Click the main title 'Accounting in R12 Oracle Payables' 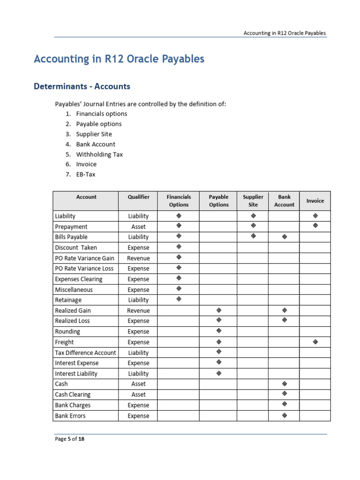(x=119, y=59)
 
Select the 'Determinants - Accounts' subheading (x=82, y=86)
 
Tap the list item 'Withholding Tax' (x=99, y=154)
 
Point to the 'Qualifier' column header (x=138, y=197)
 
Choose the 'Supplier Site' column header (x=253, y=201)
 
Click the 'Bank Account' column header (x=284, y=201)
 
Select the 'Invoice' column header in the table (x=315, y=201)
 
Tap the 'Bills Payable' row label (x=71, y=237)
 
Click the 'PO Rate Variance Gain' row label (x=84, y=258)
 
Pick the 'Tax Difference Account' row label (x=85, y=352)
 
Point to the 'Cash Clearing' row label (x=73, y=395)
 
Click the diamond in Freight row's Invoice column (x=315, y=342)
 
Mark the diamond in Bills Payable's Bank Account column (x=284, y=237)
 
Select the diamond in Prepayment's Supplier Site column (x=253, y=226)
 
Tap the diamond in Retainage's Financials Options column (x=179, y=299)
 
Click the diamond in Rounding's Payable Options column (x=218, y=331)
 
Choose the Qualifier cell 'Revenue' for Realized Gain (x=138, y=311)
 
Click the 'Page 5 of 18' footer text (x=69, y=439)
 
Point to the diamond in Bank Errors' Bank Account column (x=284, y=415)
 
